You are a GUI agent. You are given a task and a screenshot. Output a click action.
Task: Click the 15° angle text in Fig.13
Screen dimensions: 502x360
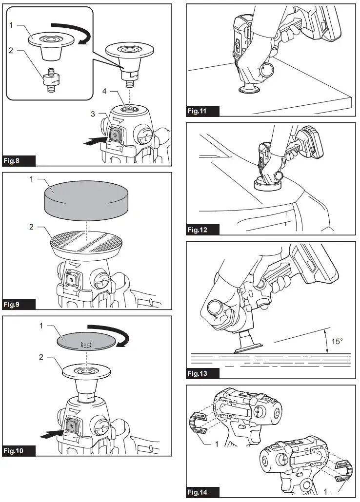pyautogui.click(x=338, y=342)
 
